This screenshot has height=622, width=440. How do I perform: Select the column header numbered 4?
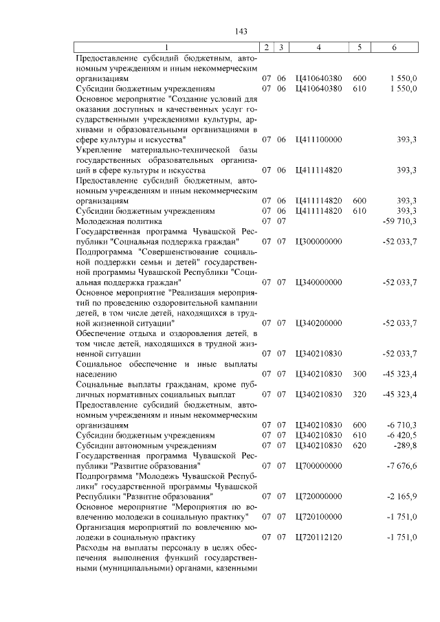pos(318,47)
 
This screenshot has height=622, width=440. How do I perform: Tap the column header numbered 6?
pos(394,47)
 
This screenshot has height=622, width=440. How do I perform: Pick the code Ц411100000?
pos(318,140)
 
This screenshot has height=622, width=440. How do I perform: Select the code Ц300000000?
pos(318,241)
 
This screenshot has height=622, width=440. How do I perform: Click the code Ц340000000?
pos(318,282)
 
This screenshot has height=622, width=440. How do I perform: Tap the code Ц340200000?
pos(318,322)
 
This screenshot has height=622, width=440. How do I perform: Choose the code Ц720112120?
pos(318,536)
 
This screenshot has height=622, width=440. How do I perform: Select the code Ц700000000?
pos(318,465)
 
